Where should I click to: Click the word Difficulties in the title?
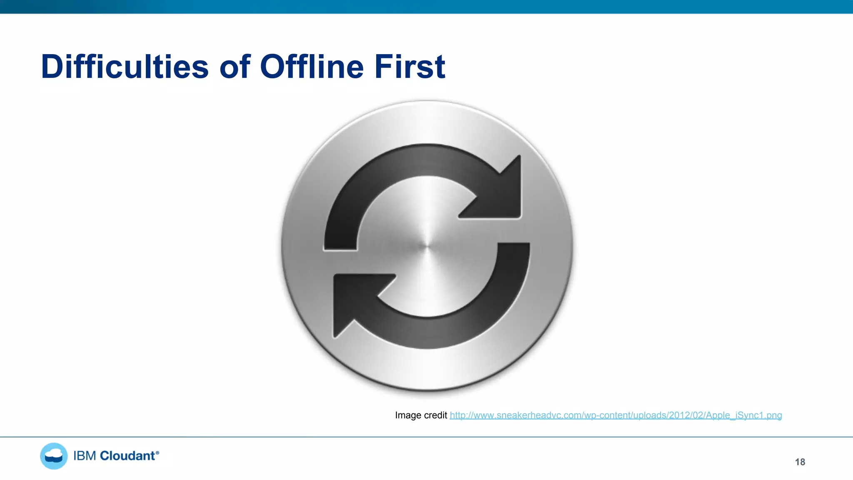(125, 67)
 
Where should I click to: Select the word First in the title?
(409, 67)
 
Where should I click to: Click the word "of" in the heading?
(235, 67)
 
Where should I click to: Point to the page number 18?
(800, 462)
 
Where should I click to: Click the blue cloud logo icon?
(54, 456)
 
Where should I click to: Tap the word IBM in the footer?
(85, 456)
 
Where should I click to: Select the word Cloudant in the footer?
(127, 456)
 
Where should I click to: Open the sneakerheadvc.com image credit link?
(616, 415)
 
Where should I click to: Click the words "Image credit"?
(421, 415)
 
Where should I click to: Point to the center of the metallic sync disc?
(426, 246)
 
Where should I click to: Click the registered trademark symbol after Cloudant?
(157, 452)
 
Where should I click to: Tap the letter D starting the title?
(51, 67)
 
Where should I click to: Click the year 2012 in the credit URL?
(678, 415)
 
